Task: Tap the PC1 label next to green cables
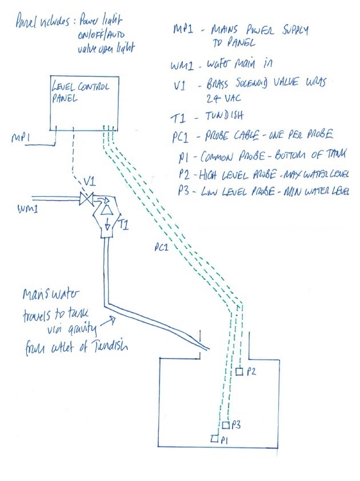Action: tap(162, 247)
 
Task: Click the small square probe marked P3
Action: tap(226, 426)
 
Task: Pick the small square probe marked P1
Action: tap(215, 439)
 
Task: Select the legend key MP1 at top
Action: tap(183, 29)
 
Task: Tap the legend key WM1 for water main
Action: tap(182, 66)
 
